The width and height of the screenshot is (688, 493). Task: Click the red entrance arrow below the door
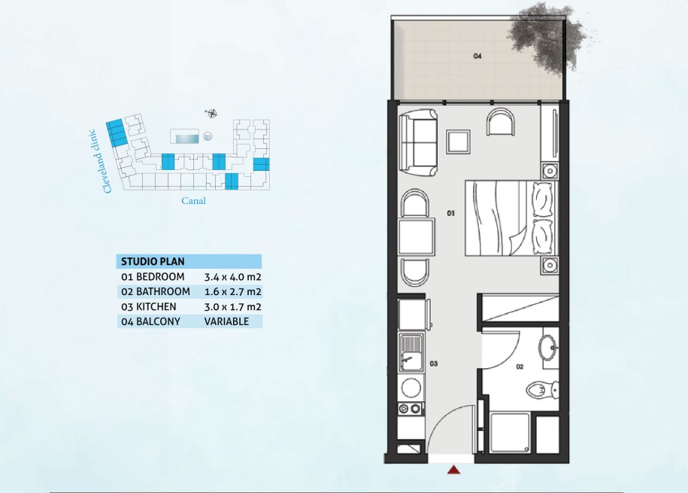(453, 470)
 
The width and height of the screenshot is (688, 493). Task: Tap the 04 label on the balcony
(477, 56)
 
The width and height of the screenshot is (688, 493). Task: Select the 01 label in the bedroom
(450, 213)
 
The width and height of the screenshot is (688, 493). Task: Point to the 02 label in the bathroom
(520, 367)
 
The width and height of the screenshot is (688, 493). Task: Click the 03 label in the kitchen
(434, 364)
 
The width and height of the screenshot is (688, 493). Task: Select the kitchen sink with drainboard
(411, 353)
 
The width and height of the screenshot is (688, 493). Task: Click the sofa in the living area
(418, 143)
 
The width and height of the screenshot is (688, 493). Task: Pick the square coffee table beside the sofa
(459, 142)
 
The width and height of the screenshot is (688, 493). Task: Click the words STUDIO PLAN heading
(153, 262)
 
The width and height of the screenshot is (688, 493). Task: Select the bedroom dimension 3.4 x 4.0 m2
(232, 277)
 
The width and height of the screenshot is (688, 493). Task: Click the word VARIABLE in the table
(226, 321)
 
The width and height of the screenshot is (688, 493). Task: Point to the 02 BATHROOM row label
(156, 292)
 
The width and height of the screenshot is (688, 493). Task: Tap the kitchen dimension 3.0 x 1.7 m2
(232, 306)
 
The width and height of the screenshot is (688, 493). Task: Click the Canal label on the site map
(193, 201)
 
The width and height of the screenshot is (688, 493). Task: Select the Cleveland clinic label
(101, 161)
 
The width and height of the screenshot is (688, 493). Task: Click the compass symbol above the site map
(211, 114)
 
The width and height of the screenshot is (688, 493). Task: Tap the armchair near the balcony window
(500, 122)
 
